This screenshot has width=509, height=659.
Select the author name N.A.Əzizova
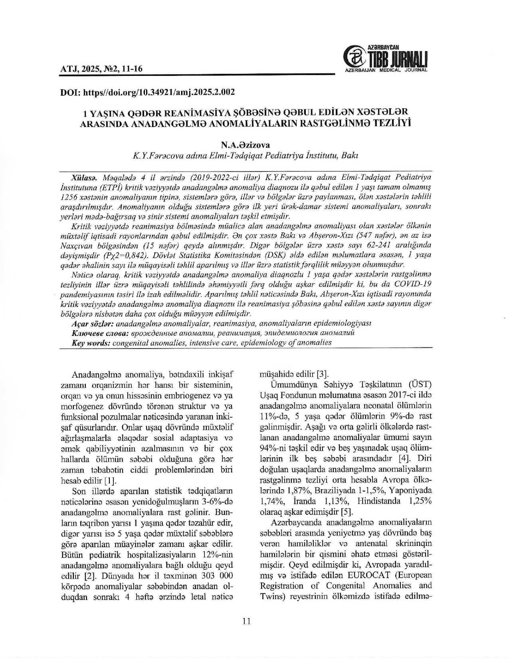pos(246,145)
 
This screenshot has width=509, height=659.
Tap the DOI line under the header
pos(147,92)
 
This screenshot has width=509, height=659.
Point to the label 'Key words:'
pos(91,342)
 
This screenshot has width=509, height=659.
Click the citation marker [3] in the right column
pos(322,374)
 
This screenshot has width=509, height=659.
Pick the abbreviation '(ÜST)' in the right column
pos(420,385)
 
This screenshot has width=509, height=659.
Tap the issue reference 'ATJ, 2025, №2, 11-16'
pos(101,69)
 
